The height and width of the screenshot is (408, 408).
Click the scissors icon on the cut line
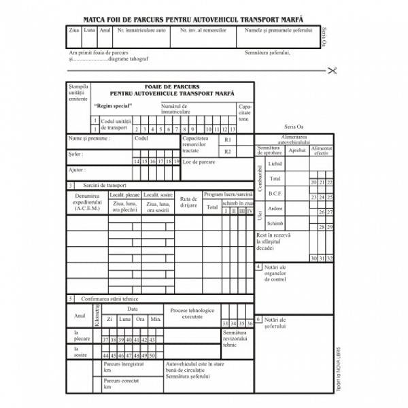tap(331, 70)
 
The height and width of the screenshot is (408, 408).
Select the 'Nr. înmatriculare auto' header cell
tap(141, 31)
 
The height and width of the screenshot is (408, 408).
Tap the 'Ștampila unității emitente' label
tap(78, 92)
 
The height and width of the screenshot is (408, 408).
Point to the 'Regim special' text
tap(113, 106)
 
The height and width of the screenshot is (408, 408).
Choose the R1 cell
tap(228, 139)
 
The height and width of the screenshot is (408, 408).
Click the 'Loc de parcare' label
tap(199, 162)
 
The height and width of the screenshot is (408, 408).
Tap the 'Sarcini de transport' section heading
tap(105, 185)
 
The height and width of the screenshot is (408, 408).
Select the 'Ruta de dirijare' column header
tap(188, 202)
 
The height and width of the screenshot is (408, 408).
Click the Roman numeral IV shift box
tap(250, 211)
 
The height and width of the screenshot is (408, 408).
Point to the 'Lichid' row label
tap(275, 164)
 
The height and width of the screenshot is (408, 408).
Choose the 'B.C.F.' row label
tap(275, 193)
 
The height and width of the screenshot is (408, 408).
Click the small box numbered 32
tap(329, 258)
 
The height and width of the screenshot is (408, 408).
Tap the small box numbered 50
tap(152, 356)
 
